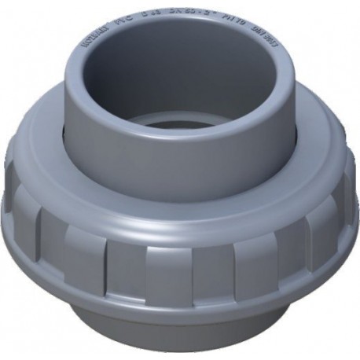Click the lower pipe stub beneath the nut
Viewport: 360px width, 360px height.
[181, 330]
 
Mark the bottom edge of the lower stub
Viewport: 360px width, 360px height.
[181, 351]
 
